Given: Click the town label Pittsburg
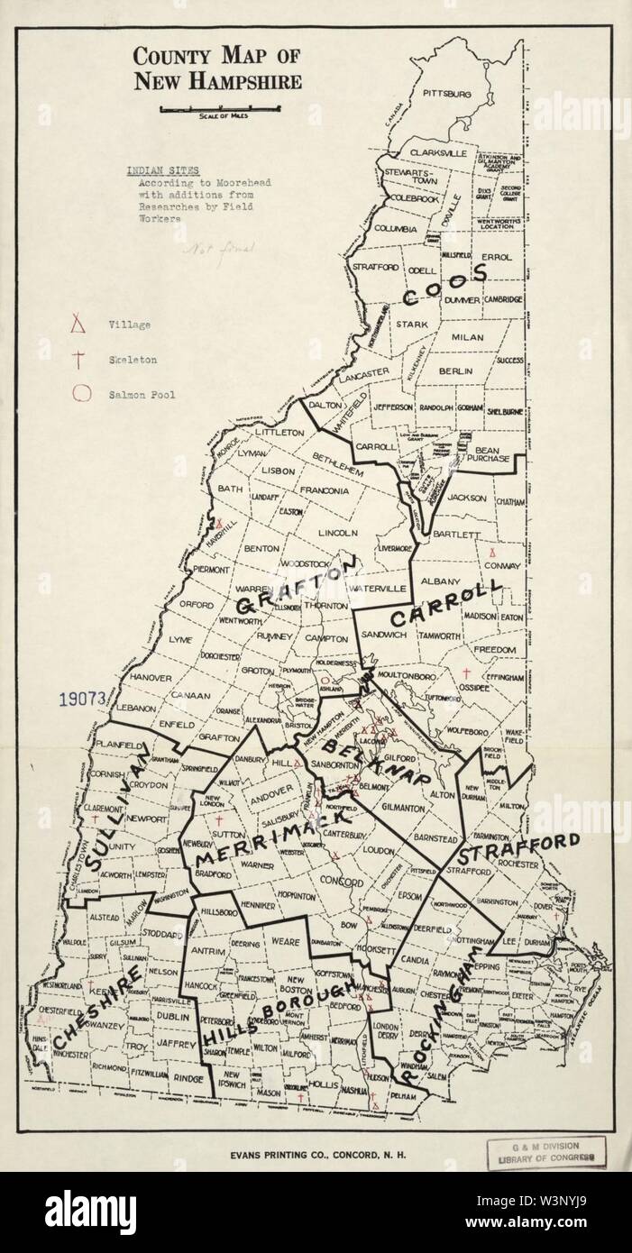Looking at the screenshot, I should coord(447,94).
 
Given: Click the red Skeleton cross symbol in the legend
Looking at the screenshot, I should coord(80,359).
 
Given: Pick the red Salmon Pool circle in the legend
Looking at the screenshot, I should coord(81,392).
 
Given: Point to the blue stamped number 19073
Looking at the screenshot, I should coord(82,698).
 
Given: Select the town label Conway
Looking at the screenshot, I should coord(502,565).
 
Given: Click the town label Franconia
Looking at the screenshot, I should coord(325,491).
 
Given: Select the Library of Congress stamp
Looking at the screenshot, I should coord(546,1151).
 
